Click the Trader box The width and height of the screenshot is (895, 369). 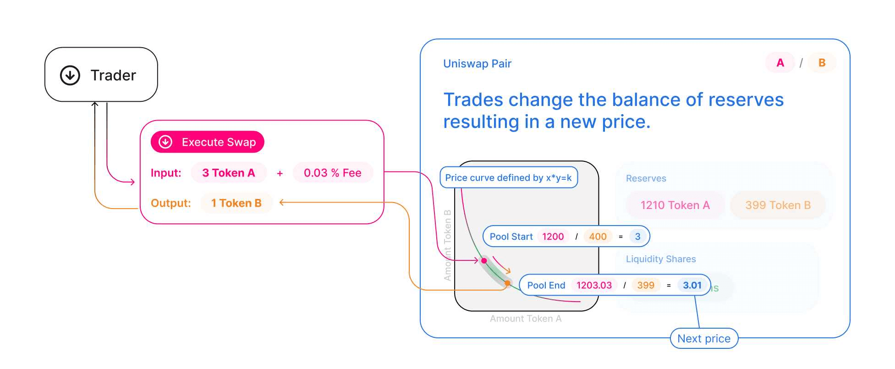[101, 75]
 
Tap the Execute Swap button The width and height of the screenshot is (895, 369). [207, 142]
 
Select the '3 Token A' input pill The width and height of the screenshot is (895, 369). [228, 173]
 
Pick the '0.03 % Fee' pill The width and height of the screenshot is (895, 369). [333, 173]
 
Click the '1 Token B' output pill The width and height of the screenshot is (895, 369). [236, 203]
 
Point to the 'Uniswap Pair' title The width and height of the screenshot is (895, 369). [477, 64]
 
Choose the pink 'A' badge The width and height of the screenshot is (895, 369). [780, 63]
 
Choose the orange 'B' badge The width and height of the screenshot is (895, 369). [822, 63]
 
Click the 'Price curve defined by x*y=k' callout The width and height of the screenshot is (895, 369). [508, 177]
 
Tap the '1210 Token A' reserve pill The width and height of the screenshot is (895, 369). [675, 205]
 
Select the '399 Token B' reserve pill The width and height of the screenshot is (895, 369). [778, 205]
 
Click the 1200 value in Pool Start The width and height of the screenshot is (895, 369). [553, 237]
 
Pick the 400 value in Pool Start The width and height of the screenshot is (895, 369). [598, 237]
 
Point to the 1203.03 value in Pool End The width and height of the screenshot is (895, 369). [594, 285]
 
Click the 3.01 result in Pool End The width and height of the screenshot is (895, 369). [692, 285]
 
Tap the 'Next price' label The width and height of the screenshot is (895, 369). [704, 339]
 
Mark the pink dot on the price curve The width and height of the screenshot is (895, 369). [484, 261]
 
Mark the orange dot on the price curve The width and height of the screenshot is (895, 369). [507, 283]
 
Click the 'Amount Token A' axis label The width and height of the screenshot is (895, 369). [525, 319]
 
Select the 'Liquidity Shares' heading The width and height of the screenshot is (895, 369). [661, 259]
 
